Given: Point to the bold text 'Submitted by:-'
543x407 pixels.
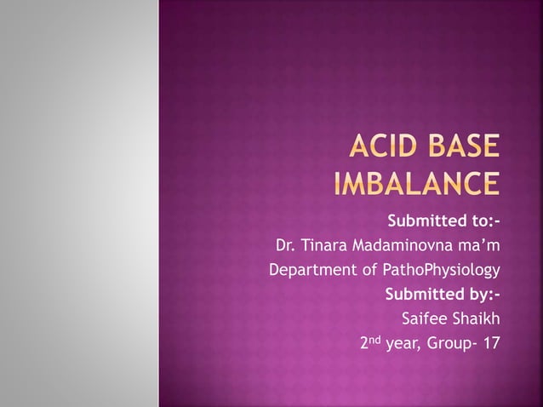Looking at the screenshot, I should tap(443, 295).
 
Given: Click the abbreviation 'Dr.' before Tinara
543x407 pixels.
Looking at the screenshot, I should tap(285, 246).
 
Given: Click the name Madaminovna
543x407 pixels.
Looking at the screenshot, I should tap(402, 246).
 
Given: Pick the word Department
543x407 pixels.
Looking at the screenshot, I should tap(309, 271).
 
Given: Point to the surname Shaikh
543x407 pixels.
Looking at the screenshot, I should tap(476, 320).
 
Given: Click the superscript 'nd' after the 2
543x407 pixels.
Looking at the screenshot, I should tap(375, 341).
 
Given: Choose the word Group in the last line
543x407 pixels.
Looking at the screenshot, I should tap(449, 345).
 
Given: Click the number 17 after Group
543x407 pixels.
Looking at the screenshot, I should tap(490, 345).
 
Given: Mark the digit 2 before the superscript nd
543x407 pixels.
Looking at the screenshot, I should tap(364, 345).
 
